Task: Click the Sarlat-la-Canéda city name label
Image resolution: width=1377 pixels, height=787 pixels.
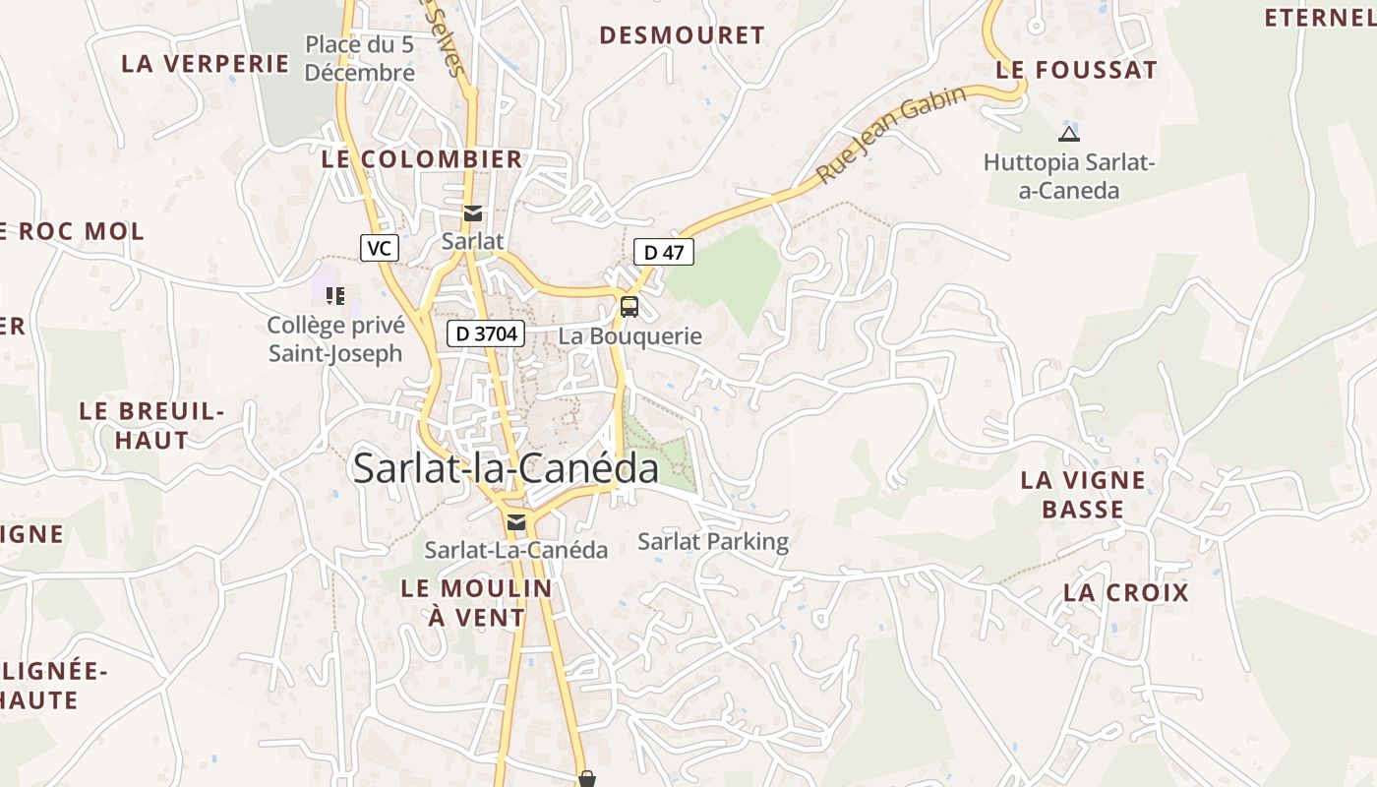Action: [506, 468]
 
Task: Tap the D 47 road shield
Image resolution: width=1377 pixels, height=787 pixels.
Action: [664, 252]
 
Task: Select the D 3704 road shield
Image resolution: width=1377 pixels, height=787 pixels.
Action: [484, 333]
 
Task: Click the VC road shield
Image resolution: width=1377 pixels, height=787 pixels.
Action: [379, 248]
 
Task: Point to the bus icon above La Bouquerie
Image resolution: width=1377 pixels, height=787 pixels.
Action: [629, 307]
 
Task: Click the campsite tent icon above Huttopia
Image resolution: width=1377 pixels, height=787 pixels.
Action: [1068, 134]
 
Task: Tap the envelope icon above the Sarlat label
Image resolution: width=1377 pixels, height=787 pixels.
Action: [473, 213]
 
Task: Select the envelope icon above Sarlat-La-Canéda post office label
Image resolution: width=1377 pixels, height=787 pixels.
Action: [516, 522]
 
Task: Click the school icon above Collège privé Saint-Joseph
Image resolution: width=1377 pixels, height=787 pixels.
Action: [334, 295]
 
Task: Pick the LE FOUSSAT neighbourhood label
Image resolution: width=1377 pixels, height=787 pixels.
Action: [1077, 70]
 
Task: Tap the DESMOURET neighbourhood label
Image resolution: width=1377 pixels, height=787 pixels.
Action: [682, 35]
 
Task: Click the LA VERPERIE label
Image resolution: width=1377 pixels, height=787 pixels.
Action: [206, 64]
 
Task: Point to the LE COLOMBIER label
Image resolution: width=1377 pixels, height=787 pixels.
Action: [422, 159]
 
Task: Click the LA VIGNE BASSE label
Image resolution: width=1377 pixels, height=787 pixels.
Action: [1083, 495]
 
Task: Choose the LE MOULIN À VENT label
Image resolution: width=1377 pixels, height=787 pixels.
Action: [477, 602]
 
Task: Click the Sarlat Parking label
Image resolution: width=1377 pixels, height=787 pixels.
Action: [713, 541]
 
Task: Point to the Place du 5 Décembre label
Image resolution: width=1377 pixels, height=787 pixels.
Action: [360, 58]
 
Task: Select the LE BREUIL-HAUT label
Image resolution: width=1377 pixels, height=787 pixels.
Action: [151, 425]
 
